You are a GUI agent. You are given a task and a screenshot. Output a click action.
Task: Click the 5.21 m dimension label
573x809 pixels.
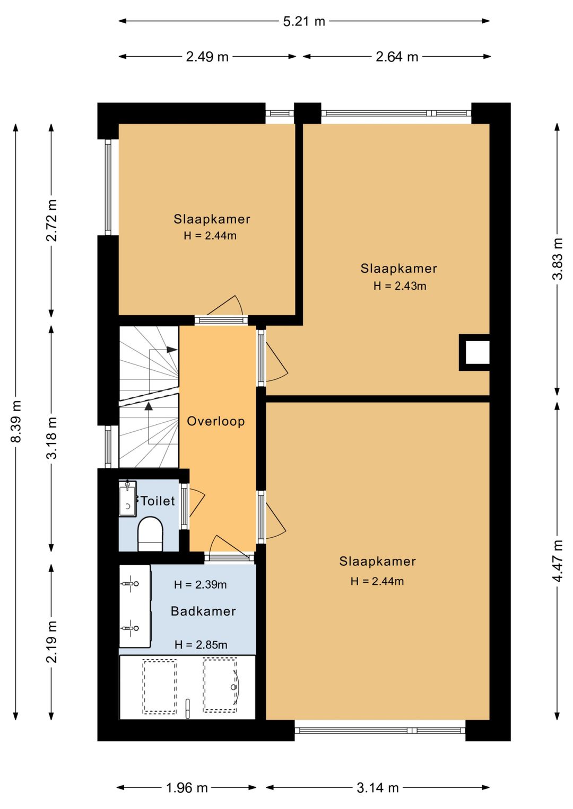click(x=304, y=21)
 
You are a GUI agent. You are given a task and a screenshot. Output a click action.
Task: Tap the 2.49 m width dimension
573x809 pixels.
click(x=207, y=57)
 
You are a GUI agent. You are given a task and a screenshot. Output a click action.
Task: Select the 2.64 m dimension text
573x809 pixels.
click(x=397, y=57)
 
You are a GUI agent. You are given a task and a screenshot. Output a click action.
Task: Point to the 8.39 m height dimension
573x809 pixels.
click(x=16, y=421)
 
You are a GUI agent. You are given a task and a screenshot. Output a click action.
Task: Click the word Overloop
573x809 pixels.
click(x=215, y=421)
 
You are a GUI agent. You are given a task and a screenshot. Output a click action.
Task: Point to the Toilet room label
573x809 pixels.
click(x=158, y=501)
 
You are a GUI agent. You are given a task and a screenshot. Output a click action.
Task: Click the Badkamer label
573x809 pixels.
click(x=203, y=611)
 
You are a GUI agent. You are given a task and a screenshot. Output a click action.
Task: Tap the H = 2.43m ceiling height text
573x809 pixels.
click(x=400, y=286)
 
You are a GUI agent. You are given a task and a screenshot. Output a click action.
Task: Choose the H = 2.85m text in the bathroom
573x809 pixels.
click(x=201, y=645)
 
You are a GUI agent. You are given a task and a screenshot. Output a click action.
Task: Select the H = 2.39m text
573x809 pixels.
click(x=200, y=584)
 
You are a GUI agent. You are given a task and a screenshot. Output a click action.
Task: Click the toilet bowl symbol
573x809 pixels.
click(x=150, y=534)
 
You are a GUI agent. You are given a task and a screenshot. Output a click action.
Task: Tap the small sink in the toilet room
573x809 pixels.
click(x=127, y=499)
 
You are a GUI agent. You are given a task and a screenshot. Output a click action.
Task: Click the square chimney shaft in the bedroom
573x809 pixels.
click(x=475, y=352)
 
